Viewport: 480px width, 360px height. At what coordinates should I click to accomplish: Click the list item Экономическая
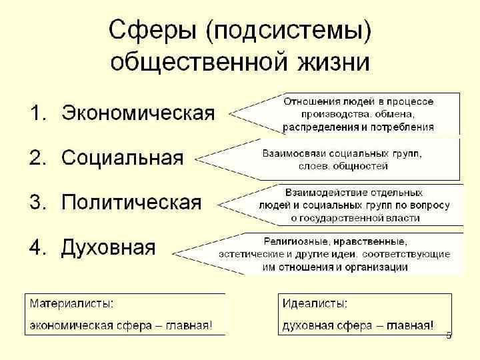[138, 113]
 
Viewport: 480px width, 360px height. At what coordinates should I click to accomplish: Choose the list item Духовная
[108, 247]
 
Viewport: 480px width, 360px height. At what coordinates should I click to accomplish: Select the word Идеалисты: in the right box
[315, 304]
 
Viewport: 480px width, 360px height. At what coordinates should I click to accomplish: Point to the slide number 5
[449, 335]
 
